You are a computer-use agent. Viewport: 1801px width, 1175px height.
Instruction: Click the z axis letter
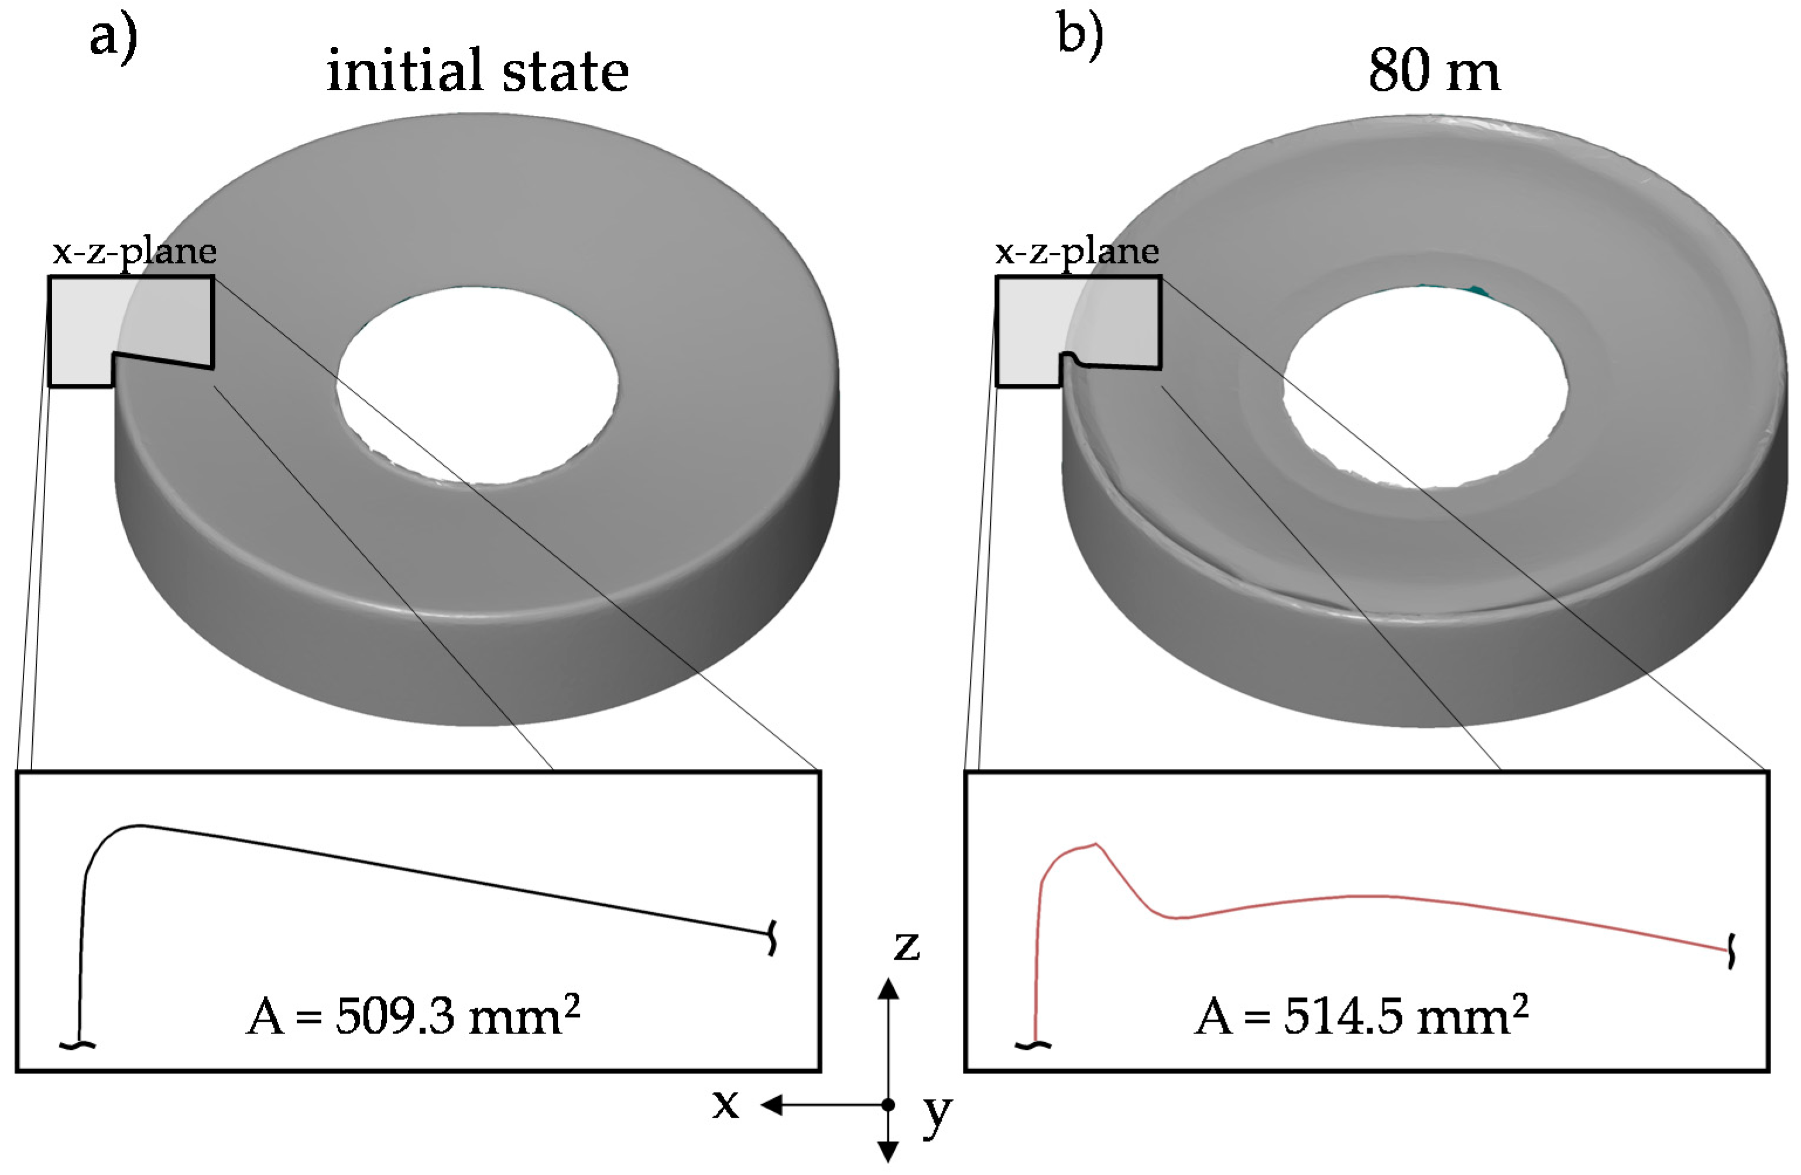[x=906, y=946]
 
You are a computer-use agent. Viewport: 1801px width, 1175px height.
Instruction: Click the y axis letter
[x=937, y=1112]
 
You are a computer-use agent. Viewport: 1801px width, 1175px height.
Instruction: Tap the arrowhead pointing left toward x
[x=770, y=1105]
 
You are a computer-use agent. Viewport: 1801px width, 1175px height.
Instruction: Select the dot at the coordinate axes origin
[x=889, y=1105]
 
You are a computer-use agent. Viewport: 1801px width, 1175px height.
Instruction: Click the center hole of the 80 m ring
[x=1425, y=386]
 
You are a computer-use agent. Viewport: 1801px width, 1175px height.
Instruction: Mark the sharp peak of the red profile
[x=1096, y=844]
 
